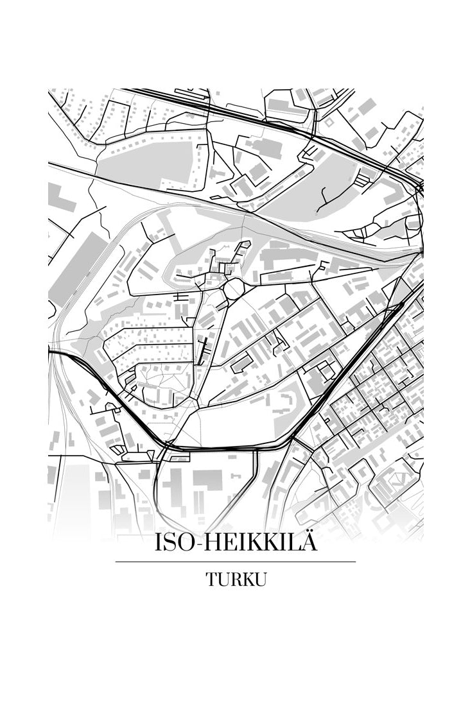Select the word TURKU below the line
(x=236, y=579)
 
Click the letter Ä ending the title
(x=308, y=544)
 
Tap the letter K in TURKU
(x=247, y=579)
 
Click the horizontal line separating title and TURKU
(x=235, y=562)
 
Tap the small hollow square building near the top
(x=329, y=121)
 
